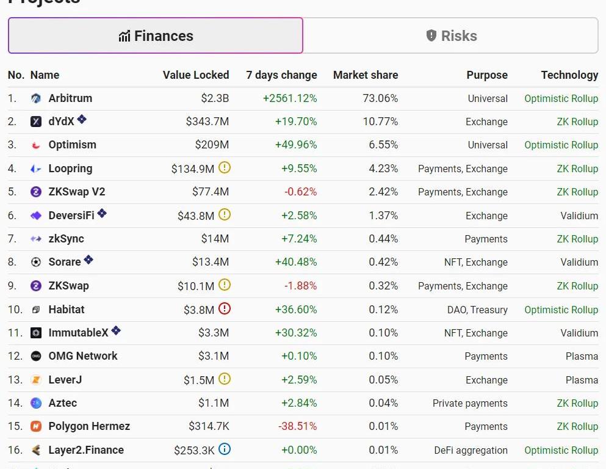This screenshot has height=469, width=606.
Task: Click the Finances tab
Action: coord(156,36)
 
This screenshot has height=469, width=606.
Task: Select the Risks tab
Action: coord(451,36)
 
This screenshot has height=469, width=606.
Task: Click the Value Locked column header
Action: coord(195,75)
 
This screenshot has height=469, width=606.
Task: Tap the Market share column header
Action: coord(365,75)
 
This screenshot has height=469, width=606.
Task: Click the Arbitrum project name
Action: coord(70,98)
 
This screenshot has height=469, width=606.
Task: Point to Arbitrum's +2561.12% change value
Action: coord(290,98)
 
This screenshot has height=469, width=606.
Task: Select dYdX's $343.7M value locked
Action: coord(207,122)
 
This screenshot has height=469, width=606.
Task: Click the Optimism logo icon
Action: coord(36,145)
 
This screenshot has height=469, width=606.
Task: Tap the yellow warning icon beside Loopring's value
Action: coord(225,168)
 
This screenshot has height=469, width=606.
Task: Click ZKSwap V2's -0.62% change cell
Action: coord(300,192)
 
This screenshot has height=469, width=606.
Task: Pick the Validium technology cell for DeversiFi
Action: coord(579,216)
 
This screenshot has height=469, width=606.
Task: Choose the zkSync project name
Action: coord(66,239)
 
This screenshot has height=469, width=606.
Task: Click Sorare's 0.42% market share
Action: coord(383,262)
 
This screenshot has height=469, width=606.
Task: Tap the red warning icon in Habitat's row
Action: coord(225,308)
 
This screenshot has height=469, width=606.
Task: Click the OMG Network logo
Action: coord(36,356)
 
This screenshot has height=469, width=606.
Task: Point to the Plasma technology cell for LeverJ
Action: coord(582,380)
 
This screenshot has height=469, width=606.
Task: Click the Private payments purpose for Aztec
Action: coord(470,403)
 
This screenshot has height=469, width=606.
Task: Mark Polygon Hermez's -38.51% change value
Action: coord(298,426)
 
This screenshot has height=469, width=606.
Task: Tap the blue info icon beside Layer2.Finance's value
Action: coord(225,449)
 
